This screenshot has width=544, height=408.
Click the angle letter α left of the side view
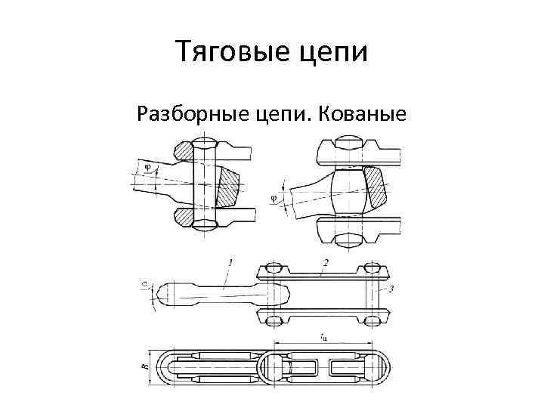tap(144, 285)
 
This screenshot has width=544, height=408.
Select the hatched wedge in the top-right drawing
tap(375, 188)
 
